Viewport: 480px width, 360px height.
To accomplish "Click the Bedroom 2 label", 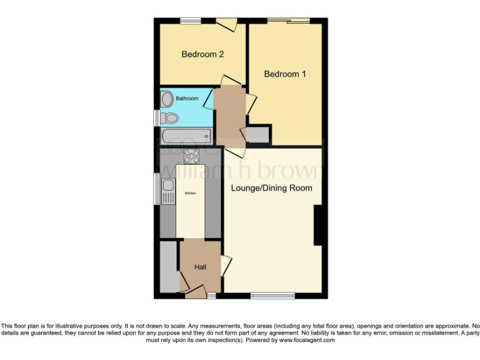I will click(202, 54).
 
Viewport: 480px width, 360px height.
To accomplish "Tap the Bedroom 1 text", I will click(285, 74).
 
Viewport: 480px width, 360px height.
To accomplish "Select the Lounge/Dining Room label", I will click(271, 187).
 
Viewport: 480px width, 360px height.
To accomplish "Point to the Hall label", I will click(200, 267).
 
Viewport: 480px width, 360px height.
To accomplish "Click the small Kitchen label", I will click(189, 193).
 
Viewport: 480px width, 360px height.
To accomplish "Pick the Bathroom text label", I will click(186, 99).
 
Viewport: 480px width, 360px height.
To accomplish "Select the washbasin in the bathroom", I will click(167, 99).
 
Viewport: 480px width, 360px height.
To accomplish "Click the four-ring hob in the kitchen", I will click(191, 157).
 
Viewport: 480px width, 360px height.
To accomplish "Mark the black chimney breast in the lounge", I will click(317, 225).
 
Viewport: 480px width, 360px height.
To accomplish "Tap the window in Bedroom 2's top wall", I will click(191, 22).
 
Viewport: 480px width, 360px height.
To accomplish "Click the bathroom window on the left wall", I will click(156, 118).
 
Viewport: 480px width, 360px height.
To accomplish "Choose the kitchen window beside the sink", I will click(156, 187).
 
